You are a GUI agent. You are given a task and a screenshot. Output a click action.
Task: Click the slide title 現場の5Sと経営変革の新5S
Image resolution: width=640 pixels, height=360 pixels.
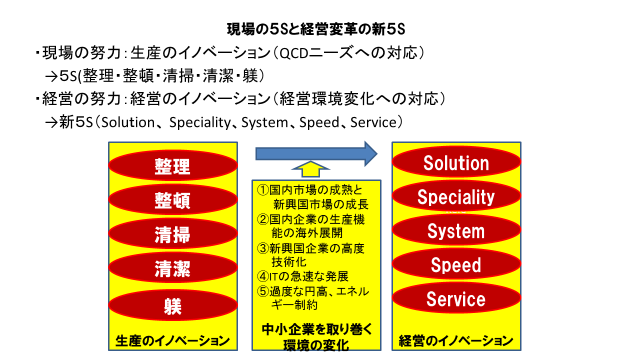point(316,29)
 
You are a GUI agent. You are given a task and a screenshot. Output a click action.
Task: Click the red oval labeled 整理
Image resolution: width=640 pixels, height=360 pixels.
point(173,166)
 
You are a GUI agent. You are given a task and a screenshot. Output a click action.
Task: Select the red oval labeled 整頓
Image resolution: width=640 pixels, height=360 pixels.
point(173,200)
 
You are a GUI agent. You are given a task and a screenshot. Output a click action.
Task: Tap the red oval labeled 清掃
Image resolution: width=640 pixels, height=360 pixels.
point(173,234)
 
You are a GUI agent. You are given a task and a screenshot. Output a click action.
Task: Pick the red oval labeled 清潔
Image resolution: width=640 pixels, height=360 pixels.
point(173,269)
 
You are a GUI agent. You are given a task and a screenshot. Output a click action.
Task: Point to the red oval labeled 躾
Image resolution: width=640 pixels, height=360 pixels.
point(173,305)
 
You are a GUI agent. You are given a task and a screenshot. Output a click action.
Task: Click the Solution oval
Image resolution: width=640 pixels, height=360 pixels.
point(456,162)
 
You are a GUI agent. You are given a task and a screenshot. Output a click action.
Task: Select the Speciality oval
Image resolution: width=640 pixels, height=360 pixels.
point(456,196)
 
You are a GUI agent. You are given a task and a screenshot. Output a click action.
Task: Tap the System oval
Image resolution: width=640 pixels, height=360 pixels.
point(456,230)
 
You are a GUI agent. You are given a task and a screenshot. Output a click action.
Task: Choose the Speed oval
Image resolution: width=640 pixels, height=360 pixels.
point(456,264)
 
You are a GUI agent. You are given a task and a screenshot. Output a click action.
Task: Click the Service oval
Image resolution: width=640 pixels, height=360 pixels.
point(456,298)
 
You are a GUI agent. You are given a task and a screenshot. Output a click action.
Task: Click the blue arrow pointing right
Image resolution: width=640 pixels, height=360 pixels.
point(316,154)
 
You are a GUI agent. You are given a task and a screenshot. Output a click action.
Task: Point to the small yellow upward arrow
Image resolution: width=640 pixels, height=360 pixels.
point(310,169)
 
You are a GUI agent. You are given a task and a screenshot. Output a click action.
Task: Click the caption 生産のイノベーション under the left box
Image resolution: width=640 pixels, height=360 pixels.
point(173,341)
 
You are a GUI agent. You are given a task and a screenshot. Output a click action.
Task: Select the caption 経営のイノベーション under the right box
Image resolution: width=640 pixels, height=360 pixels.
point(456,341)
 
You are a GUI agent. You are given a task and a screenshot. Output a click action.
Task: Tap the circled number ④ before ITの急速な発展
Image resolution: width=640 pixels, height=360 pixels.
point(263,276)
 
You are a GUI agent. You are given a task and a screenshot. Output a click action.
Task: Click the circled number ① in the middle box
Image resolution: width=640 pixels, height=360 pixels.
point(263,190)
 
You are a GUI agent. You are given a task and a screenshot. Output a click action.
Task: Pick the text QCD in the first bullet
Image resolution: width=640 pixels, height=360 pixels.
point(293,53)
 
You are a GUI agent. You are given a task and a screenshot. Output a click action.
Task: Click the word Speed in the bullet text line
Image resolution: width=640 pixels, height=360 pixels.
point(319,122)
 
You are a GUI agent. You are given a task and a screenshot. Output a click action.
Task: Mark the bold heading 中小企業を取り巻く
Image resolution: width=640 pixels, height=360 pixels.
point(317,329)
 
